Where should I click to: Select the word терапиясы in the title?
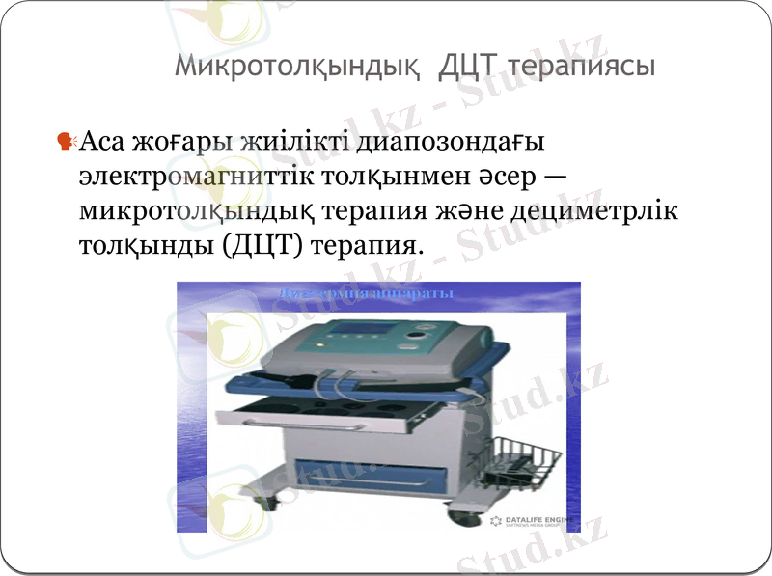(582, 67)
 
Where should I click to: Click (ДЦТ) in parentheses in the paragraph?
(263, 245)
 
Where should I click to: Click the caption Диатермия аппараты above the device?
(366, 291)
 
